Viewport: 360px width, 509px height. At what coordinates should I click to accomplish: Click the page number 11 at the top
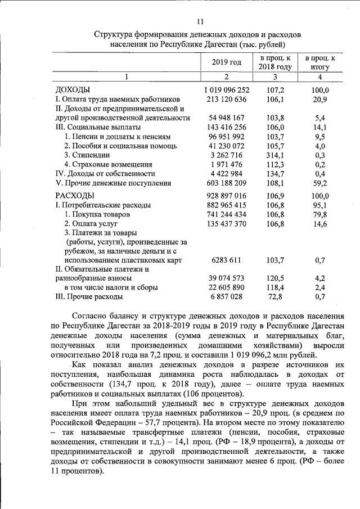click(200, 22)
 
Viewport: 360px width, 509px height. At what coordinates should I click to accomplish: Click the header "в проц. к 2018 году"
click(274, 62)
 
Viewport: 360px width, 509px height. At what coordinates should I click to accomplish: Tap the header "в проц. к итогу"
click(319, 62)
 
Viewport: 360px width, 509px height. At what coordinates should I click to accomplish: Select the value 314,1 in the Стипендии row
click(274, 155)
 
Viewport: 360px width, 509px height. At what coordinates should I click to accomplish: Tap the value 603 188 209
click(227, 183)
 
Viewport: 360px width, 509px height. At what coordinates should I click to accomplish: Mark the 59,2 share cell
click(319, 183)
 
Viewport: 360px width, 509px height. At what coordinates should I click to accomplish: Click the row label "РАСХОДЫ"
click(75, 195)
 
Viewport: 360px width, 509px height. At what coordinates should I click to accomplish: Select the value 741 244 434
click(227, 214)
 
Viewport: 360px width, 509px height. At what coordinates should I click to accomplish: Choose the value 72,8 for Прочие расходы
click(274, 296)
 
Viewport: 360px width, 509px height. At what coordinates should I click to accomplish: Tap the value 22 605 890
click(227, 287)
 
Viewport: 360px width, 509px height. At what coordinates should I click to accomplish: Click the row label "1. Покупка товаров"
click(97, 214)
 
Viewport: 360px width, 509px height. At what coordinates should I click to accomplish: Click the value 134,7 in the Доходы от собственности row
click(274, 173)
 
